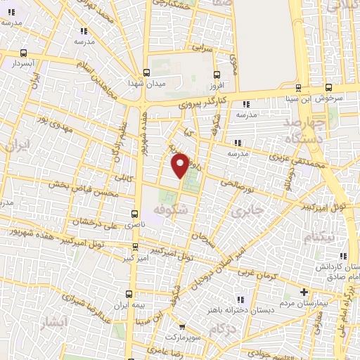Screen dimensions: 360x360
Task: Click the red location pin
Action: click(181, 164)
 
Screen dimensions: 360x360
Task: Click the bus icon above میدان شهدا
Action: click(146, 72)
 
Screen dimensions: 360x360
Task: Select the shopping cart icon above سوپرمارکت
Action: click(182, 327)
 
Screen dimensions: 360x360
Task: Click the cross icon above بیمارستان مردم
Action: click(304, 292)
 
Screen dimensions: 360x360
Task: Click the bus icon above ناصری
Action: click(135, 214)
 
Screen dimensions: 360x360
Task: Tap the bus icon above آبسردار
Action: click(24, 53)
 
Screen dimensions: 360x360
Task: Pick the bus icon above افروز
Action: click(217, 74)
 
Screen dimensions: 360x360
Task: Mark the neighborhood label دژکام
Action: click(222, 328)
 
